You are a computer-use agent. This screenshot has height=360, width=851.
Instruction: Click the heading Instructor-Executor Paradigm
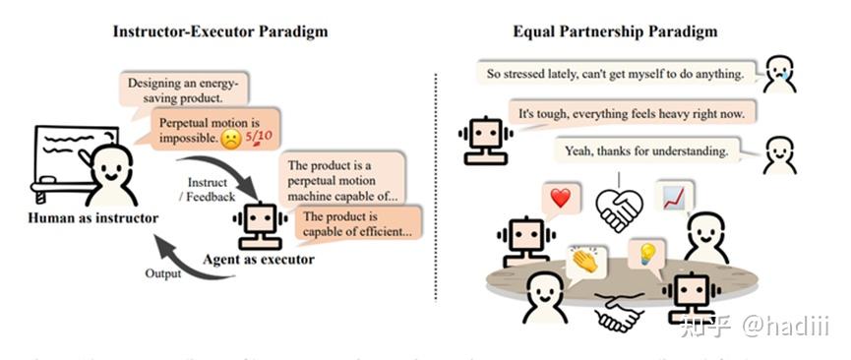point(219,30)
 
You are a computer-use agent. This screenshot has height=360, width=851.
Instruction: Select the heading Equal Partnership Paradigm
point(615,30)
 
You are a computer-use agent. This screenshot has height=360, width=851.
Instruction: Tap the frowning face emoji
point(230,139)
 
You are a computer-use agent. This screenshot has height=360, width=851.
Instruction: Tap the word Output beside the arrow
point(163,273)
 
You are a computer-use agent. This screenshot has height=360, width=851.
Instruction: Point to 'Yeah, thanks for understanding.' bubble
point(645,151)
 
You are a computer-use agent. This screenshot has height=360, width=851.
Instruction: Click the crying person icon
point(780,73)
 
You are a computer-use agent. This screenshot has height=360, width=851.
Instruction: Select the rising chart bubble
point(676,199)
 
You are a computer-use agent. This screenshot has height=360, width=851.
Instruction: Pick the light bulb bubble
point(647,254)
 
